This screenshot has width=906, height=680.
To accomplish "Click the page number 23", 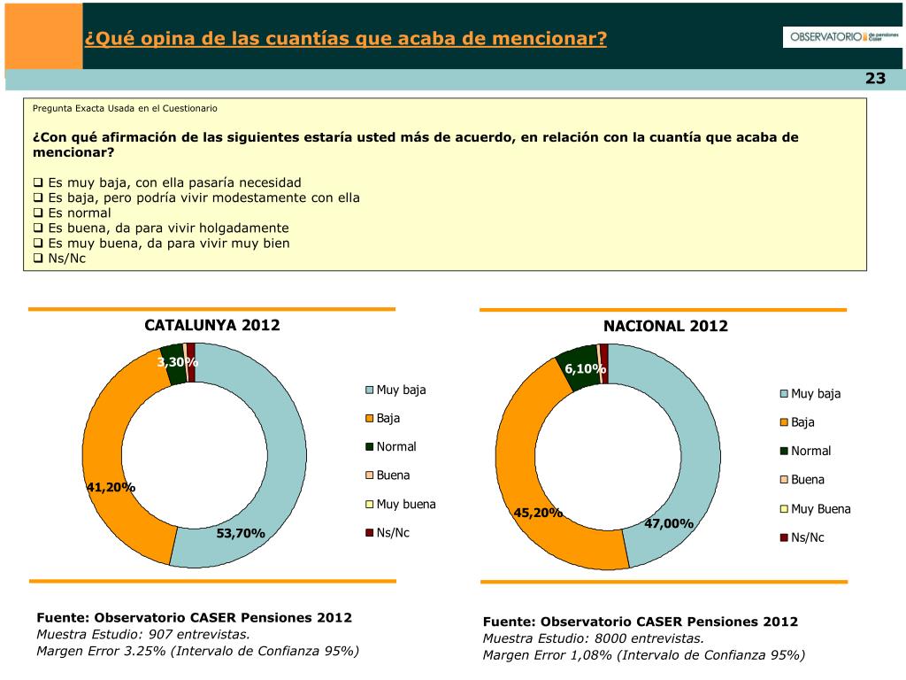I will tap(875, 79).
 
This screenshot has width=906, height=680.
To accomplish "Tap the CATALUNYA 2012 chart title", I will tap(212, 325).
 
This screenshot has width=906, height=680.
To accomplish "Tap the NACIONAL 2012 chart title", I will tap(665, 326).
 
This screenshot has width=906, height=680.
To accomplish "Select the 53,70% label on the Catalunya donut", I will tap(241, 533).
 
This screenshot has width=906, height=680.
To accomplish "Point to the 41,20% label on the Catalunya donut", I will tap(111, 487).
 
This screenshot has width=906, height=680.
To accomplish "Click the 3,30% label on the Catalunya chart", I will tap(178, 361).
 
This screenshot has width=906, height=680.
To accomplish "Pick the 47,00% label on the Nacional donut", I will tap(669, 523).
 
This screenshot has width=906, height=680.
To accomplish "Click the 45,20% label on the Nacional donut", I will tap(539, 513).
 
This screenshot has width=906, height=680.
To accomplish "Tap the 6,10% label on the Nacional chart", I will tap(585, 368).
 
